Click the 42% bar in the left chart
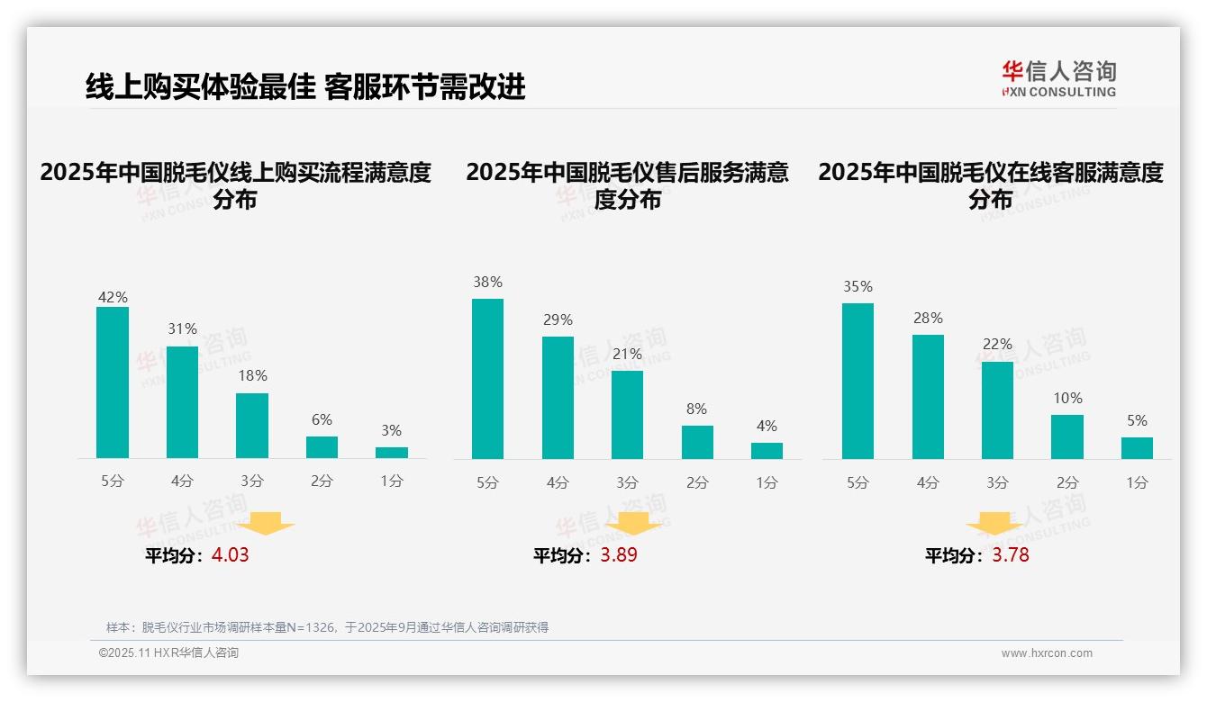pyautogui.click(x=113, y=382)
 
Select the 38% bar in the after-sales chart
pyautogui.click(x=487, y=379)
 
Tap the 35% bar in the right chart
pyautogui.click(x=858, y=381)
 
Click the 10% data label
pyautogui.click(x=1067, y=398)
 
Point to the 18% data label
pyautogui.click(x=252, y=375)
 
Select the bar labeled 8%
pyautogui.click(x=697, y=442)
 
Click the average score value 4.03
pyautogui.click(x=230, y=555)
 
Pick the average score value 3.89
pyautogui.click(x=619, y=555)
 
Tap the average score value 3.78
pyautogui.click(x=1011, y=555)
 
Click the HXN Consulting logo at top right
pyautogui.click(x=1058, y=78)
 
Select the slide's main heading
pyautogui.click(x=305, y=86)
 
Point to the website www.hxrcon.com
pyautogui.click(x=1047, y=652)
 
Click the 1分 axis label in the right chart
pyautogui.click(x=1137, y=482)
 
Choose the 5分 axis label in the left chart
pyautogui.click(x=113, y=481)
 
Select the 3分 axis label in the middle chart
pyautogui.click(x=627, y=482)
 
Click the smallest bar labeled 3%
pyautogui.click(x=392, y=453)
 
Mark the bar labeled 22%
pyautogui.click(x=997, y=410)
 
